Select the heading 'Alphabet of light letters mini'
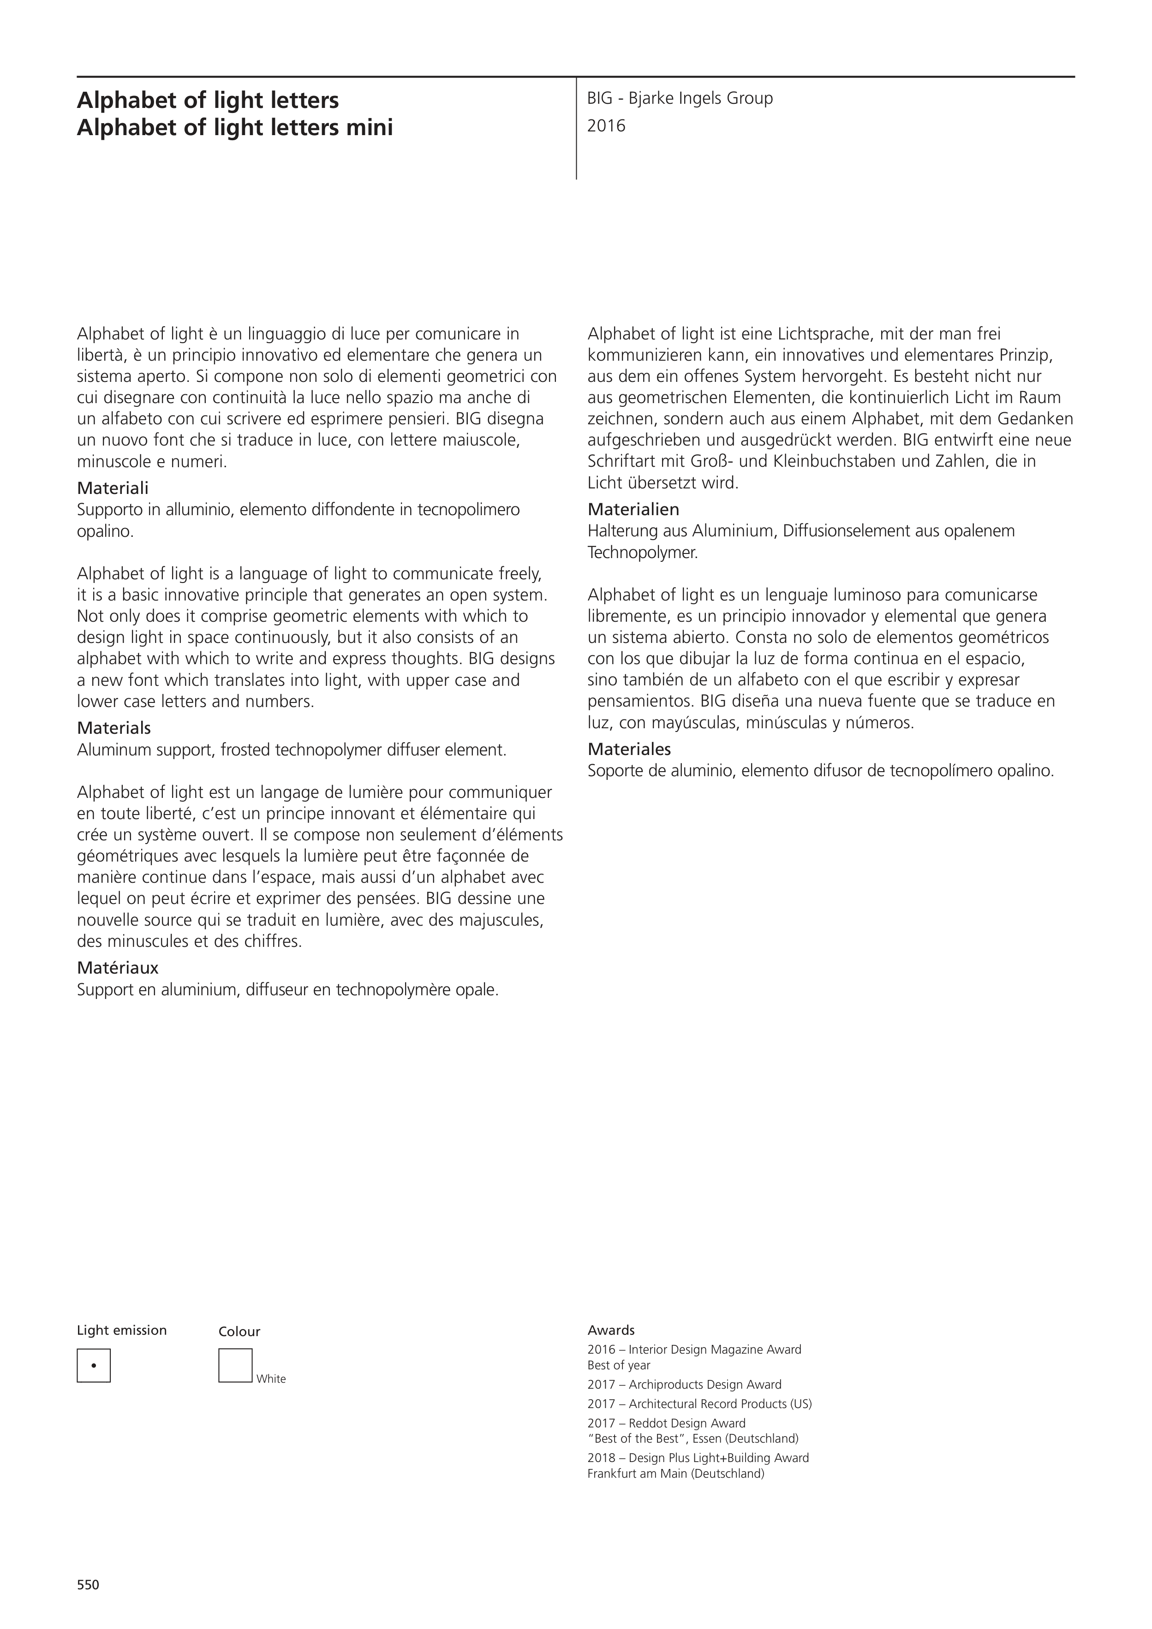click(234, 128)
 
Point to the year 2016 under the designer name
click(606, 126)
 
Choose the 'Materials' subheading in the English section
click(113, 729)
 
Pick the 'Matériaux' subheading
click(117, 969)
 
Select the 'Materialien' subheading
click(633, 510)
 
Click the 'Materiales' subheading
click(629, 750)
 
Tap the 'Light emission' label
click(121, 1330)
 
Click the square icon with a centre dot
click(94, 1366)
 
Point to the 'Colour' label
click(239, 1332)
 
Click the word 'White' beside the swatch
click(271, 1379)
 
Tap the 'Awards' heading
click(610, 1330)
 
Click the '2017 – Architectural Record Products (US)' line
click(699, 1404)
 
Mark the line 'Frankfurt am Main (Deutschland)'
click(676, 1474)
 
